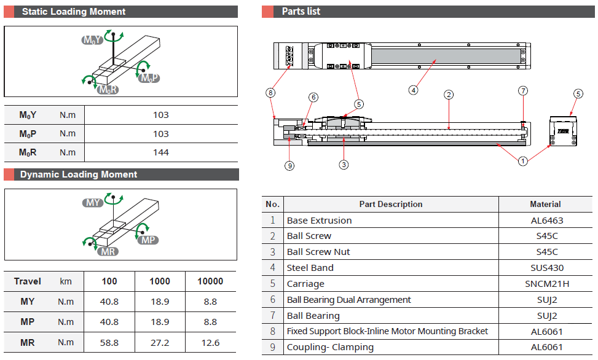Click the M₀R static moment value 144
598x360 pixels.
tap(160, 152)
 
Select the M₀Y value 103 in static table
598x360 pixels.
tap(160, 115)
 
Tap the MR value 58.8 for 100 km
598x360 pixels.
tap(109, 342)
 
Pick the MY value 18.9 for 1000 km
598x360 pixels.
tap(160, 302)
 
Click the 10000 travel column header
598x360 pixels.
tap(210, 281)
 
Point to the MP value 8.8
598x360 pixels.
tap(210, 322)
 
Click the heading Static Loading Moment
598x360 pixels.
tap(73, 12)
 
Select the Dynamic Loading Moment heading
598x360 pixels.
tap(79, 174)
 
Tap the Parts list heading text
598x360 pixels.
tap(301, 12)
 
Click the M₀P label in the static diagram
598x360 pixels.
tap(149, 78)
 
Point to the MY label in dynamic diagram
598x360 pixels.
tap(93, 203)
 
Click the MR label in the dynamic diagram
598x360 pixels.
tap(107, 251)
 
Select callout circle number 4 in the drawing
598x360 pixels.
tap(413, 90)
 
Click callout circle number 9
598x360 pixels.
tap(289, 165)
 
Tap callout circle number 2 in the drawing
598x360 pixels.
tap(449, 95)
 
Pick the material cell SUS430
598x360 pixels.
tap(546, 268)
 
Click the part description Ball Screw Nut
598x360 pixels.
tap(318, 252)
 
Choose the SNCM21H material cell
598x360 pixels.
tap(546, 284)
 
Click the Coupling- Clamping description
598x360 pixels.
tap(330, 347)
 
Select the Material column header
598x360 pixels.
tap(545, 204)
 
